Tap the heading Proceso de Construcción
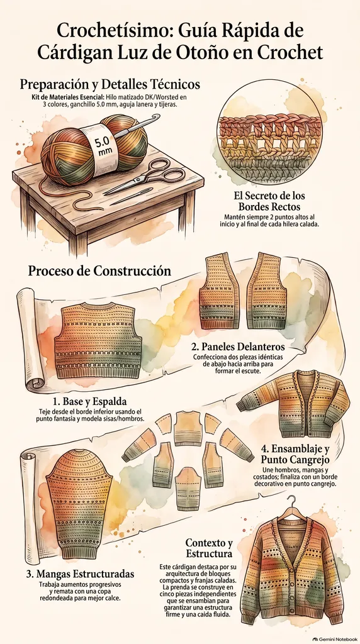(x=99, y=271)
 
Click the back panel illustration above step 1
(x=98, y=340)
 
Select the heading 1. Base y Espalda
(x=89, y=401)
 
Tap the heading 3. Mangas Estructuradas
(x=80, y=574)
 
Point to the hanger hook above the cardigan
(x=292, y=501)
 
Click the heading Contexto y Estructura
(x=209, y=548)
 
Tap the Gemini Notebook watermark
(x=335, y=640)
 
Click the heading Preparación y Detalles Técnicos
(x=110, y=84)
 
